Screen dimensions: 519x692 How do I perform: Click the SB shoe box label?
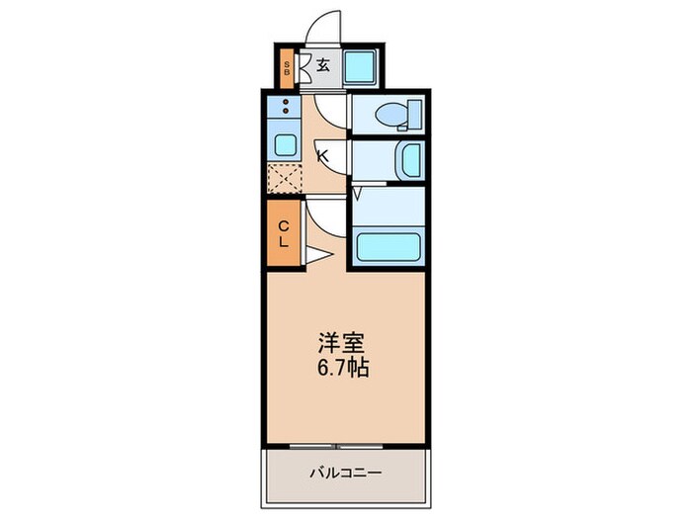(287, 68)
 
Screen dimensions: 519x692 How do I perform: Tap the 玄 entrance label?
(323, 66)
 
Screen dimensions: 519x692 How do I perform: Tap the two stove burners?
(285, 110)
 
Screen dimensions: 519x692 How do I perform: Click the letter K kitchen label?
(322, 154)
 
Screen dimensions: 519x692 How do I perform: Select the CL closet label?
(284, 233)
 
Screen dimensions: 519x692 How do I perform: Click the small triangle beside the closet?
(315, 254)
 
